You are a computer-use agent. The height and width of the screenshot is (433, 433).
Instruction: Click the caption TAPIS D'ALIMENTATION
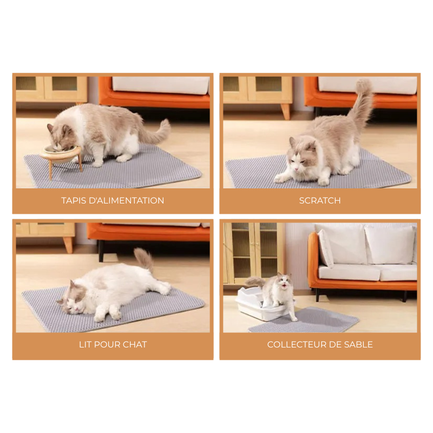point(113,200)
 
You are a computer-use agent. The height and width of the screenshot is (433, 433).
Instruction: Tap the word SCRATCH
point(320,200)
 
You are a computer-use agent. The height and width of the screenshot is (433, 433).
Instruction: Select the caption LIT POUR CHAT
point(113,344)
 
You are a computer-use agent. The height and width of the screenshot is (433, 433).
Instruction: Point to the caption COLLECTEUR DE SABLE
point(320,344)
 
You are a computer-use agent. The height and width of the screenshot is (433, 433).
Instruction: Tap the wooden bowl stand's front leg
point(51,168)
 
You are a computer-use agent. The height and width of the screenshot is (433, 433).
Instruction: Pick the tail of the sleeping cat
point(145,259)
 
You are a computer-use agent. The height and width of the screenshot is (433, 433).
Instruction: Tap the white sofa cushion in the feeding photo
point(160,85)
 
